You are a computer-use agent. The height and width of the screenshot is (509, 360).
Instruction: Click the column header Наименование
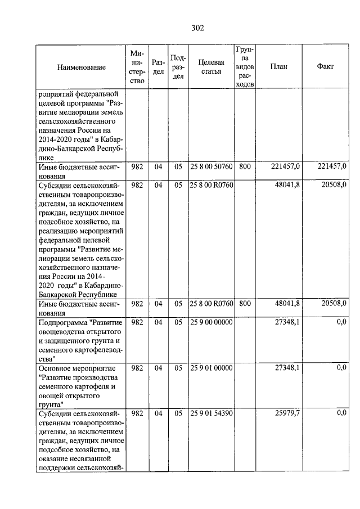[x=81, y=67]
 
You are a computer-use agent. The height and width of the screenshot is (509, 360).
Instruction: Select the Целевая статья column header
[x=211, y=67]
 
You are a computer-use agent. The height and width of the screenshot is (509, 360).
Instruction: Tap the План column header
[x=278, y=66]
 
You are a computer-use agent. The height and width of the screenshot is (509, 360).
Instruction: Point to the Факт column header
[x=325, y=66]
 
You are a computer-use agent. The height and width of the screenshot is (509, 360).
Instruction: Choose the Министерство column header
[x=137, y=67]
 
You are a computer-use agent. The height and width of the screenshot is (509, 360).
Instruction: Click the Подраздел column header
[x=178, y=67]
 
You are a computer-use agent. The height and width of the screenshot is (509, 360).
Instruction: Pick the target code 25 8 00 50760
[x=211, y=166]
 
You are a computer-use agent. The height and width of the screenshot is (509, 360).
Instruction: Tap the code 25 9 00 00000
[x=211, y=322]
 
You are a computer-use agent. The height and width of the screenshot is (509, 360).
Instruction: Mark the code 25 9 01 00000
[x=211, y=367]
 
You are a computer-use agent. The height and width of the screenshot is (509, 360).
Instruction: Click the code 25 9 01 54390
[x=211, y=413]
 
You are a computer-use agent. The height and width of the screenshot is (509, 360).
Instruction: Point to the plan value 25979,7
[x=287, y=413]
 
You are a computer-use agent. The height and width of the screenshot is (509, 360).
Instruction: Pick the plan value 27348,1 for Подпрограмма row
[x=287, y=322]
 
